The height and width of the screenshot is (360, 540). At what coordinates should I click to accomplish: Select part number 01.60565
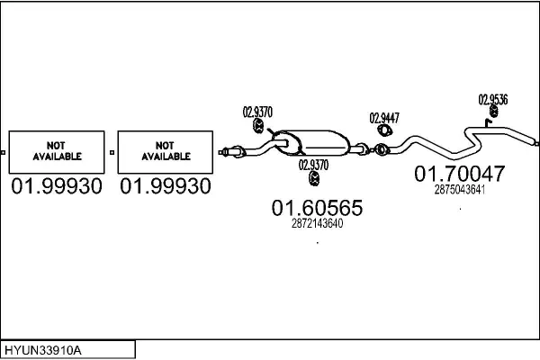pos(317,208)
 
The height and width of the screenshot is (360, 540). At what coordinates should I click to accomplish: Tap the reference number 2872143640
pos(317,224)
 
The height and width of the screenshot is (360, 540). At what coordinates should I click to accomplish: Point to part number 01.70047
pos(459,174)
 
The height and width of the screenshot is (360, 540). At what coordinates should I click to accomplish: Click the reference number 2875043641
pos(459,189)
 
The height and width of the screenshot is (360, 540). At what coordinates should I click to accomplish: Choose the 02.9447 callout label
pos(384,118)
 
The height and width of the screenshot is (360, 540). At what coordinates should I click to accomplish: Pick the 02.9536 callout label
pos(492,100)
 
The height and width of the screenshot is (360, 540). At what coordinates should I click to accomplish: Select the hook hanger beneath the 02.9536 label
pos(491,114)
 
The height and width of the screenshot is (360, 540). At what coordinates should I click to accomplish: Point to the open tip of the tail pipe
pos(535,142)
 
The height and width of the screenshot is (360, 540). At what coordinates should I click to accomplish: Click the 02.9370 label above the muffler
pos(257,112)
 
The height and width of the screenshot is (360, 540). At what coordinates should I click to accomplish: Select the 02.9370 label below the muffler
pos(312,165)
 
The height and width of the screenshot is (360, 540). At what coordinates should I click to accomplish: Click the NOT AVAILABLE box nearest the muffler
pos(166,150)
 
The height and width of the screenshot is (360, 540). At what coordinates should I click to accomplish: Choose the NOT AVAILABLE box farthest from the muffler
pos(57,150)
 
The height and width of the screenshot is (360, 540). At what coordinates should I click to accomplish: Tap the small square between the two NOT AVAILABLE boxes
pos(112,152)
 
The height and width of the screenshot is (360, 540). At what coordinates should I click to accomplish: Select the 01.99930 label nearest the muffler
pos(166,186)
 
